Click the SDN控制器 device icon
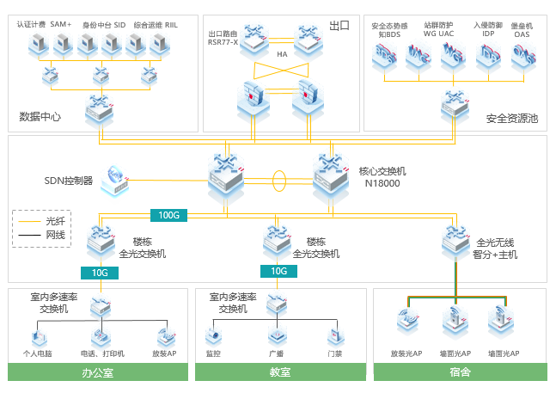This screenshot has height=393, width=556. point(113,180)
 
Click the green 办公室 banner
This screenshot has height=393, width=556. point(98,372)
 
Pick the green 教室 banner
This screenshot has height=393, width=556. point(280,372)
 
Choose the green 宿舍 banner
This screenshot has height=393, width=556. point(460,372)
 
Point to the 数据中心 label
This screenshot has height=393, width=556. point(40,116)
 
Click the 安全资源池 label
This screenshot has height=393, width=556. point(511,118)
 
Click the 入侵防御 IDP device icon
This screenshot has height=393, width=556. point(487,56)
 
